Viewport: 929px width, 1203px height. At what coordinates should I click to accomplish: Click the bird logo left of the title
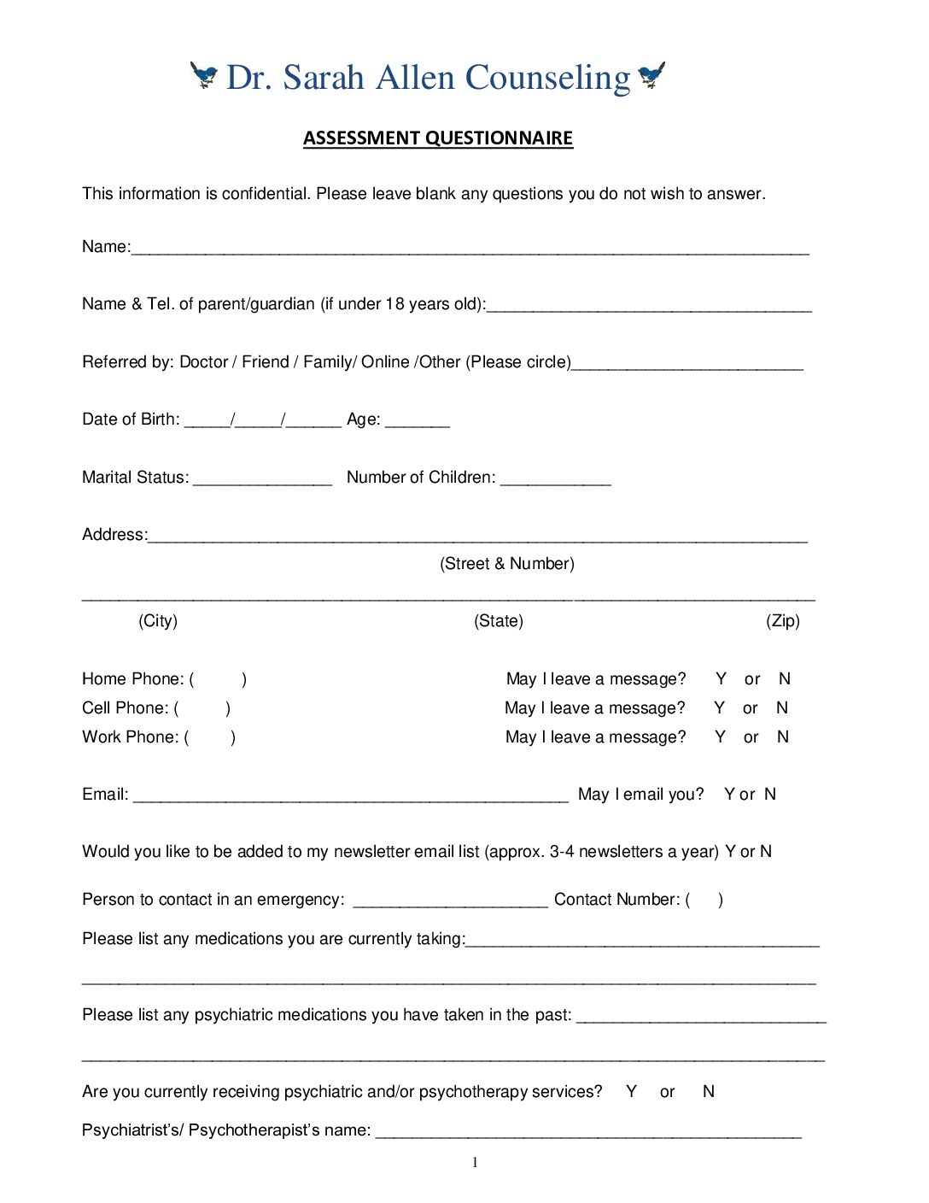pyautogui.click(x=204, y=76)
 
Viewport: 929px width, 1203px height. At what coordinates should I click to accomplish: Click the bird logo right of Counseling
pyautogui.click(x=651, y=76)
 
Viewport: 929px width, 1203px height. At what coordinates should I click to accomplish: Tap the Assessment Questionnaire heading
pyautogui.click(x=437, y=138)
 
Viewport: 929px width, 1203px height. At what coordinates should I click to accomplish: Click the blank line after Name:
pyautogui.click(x=470, y=250)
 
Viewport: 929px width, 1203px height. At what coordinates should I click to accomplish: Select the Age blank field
pyautogui.click(x=417, y=422)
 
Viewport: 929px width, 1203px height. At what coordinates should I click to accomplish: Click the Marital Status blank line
pyautogui.click(x=262, y=480)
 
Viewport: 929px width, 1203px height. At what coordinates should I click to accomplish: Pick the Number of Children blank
pyautogui.click(x=555, y=480)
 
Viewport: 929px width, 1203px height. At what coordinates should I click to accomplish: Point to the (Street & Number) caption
pyautogui.click(x=507, y=564)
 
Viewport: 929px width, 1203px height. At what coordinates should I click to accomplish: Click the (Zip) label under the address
pyautogui.click(x=782, y=621)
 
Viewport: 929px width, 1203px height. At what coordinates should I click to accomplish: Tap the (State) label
pyautogui.click(x=499, y=621)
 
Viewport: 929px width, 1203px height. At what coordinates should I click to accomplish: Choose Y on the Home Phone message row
pyautogui.click(x=722, y=679)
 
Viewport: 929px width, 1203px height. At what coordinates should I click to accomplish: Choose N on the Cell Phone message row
pyautogui.click(x=782, y=708)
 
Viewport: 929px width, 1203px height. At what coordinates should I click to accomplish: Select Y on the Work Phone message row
pyautogui.click(x=721, y=737)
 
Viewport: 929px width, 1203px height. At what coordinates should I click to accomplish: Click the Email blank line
pyautogui.click(x=350, y=798)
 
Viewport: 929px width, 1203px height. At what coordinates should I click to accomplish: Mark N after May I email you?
pyautogui.click(x=770, y=795)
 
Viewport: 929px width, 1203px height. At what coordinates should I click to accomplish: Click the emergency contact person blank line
pyautogui.click(x=450, y=903)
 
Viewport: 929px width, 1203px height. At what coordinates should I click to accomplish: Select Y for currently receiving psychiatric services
pyautogui.click(x=631, y=1092)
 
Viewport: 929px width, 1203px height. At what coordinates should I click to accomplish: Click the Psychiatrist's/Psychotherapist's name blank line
pyautogui.click(x=588, y=1134)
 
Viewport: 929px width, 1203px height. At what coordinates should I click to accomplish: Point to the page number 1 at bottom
pyautogui.click(x=475, y=1162)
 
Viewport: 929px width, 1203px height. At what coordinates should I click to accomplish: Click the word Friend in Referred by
pyautogui.click(x=266, y=362)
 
